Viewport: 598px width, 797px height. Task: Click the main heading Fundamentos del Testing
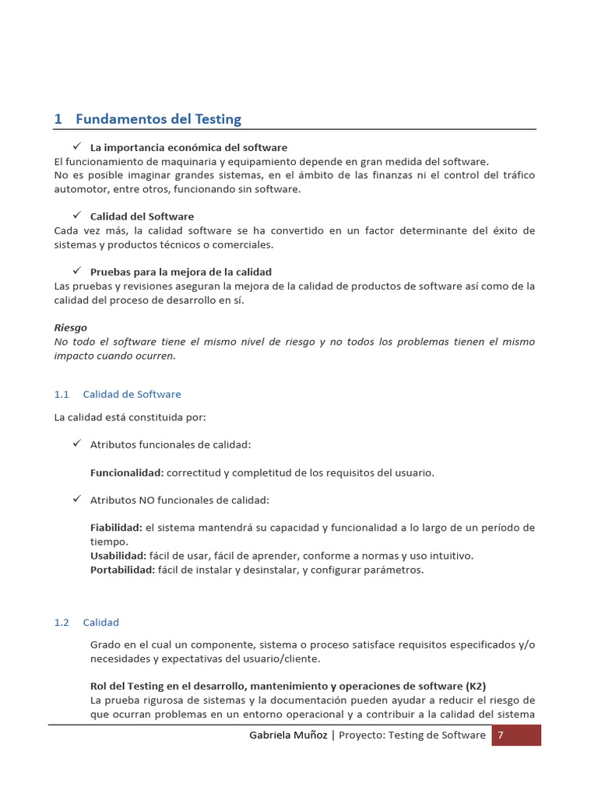(147, 119)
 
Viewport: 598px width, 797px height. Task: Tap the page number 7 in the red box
(501, 735)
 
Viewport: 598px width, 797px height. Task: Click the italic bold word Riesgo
(71, 328)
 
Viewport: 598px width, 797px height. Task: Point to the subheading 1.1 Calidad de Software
(118, 395)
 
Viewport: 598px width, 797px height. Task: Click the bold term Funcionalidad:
(127, 472)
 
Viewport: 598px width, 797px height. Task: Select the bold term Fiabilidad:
(116, 528)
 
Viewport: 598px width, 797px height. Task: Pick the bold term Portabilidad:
(123, 570)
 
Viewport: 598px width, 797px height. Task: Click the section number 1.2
(62, 623)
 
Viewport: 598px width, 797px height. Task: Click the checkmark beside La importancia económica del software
(77, 146)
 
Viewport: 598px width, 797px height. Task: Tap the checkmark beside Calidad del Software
(77, 216)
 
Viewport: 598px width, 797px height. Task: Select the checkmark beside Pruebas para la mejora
(77, 271)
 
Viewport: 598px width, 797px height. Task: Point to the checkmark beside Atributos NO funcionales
(77, 499)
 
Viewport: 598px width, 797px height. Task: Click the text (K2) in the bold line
(476, 686)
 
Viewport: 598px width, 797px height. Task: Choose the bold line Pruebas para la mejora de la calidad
(181, 272)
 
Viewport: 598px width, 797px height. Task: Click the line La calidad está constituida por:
(130, 417)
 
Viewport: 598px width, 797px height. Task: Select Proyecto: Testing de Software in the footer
(412, 735)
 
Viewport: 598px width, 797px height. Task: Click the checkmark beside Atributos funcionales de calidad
(77, 444)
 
